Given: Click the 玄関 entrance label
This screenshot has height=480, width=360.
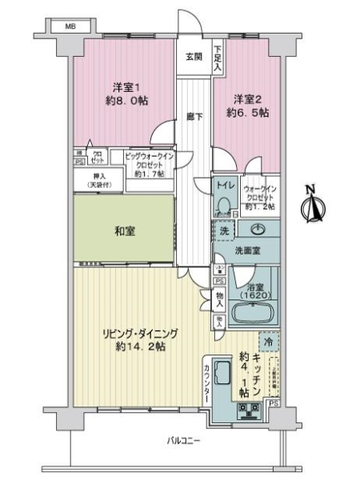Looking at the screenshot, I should (194, 56).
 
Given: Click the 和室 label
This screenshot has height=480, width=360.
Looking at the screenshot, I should (124, 230).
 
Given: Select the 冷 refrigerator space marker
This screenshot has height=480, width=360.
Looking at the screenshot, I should (270, 339).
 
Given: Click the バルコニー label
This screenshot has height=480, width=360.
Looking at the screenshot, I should (183, 441).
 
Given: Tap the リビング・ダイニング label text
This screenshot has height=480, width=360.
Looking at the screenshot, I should (134, 334).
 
